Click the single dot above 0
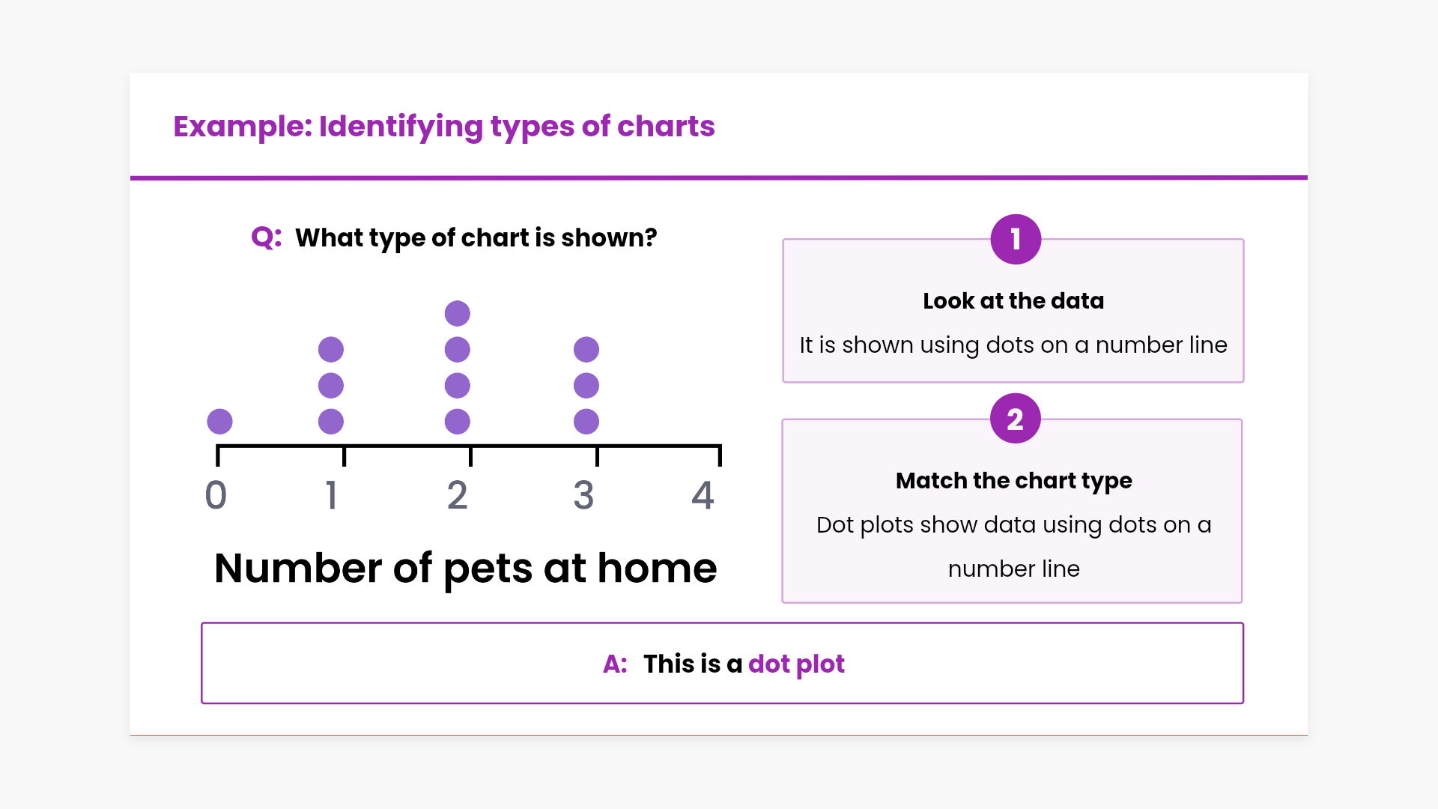tap(219, 422)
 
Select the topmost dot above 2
tap(457, 314)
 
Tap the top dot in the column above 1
tap(330, 350)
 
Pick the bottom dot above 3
tap(586, 422)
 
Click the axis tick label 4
tap(703, 495)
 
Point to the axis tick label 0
tap(216, 495)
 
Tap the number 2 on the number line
tap(457, 495)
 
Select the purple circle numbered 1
tap(1016, 240)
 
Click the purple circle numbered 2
tap(1015, 419)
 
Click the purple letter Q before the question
tap(264, 238)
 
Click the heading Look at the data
tap(1013, 300)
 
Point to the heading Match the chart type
tap(1013, 481)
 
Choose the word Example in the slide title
tap(240, 127)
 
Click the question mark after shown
tap(650, 237)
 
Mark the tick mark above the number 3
tap(597, 455)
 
